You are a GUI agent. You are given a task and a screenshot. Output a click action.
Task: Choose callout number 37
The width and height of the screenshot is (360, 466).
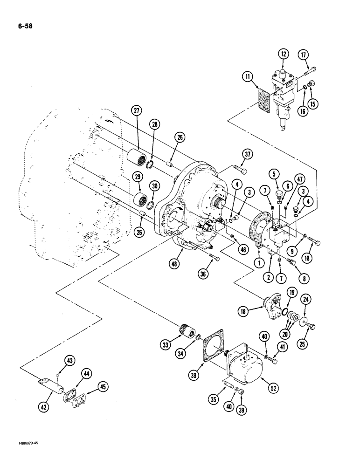click(x=247, y=155)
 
